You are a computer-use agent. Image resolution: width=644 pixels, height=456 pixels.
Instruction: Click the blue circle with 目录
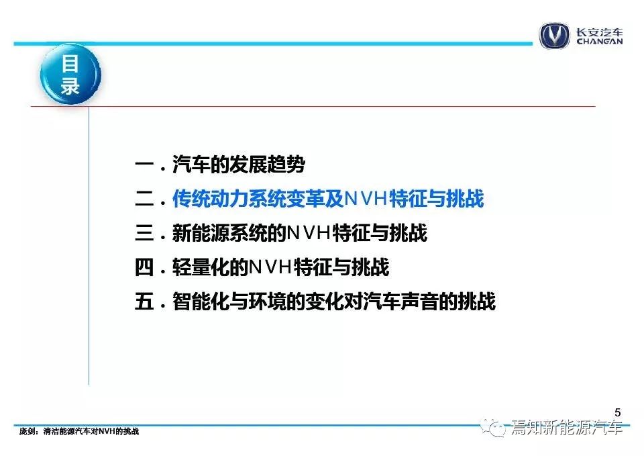click(70, 74)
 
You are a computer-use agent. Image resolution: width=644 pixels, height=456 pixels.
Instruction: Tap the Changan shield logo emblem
click(554, 36)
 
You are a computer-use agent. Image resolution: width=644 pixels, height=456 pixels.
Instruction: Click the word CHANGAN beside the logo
click(599, 41)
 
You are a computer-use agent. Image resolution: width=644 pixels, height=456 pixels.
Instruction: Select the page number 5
click(618, 412)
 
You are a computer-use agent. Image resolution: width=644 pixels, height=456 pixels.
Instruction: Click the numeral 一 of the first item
click(144, 165)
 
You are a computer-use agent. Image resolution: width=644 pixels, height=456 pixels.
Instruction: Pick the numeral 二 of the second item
click(144, 199)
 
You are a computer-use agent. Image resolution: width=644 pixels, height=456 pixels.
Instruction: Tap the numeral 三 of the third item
click(144, 233)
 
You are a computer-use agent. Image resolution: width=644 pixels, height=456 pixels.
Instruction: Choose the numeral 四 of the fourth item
click(144, 267)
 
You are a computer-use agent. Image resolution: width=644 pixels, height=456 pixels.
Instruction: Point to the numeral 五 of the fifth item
click(144, 302)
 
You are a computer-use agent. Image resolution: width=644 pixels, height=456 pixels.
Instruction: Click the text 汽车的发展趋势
click(239, 165)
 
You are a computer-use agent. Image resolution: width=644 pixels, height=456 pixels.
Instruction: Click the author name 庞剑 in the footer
click(27, 432)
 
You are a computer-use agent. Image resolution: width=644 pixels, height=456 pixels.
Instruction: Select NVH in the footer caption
click(107, 432)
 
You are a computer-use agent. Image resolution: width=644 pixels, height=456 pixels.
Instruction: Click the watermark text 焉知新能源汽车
click(567, 428)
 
